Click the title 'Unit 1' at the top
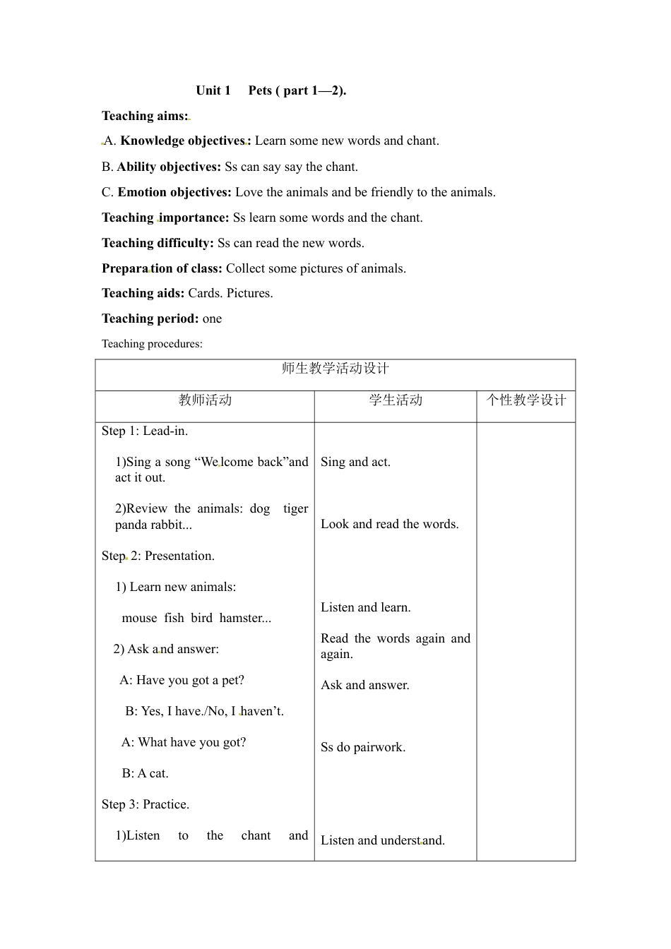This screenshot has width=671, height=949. pyautogui.click(x=213, y=90)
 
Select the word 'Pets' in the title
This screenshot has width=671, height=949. pyautogui.click(x=260, y=90)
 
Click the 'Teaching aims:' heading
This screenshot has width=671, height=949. pyautogui.click(x=145, y=116)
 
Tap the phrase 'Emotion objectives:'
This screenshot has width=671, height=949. pyautogui.click(x=174, y=192)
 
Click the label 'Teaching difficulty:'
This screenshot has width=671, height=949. pyautogui.click(x=158, y=243)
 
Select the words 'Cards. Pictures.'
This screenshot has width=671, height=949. pyautogui.click(x=230, y=293)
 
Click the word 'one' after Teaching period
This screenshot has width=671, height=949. pyautogui.click(x=212, y=318)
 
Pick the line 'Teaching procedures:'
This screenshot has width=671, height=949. pyautogui.click(x=152, y=344)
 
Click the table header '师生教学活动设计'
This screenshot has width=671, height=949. pyautogui.click(x=335, y=369)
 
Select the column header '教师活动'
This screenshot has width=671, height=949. pyautogui.click(x=205, y=400)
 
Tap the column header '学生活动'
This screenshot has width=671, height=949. pyautogui.click(x=396, y=400)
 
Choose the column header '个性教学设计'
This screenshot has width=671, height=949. pyautogui.click(x=526, y=400)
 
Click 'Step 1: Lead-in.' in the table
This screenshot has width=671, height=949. pyautogui.click(x=145, y=431)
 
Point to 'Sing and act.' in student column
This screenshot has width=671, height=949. pyautogui.click(x=355, y=462)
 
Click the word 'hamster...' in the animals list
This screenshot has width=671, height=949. pyautogui.click(x=245, y=618)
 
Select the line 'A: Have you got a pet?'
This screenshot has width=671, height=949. pyautogui.click(x=182, y=680)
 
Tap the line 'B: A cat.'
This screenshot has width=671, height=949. pyautogui.click(x=146, y=773)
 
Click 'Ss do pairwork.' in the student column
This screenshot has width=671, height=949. pyautogui.click(x=363, y=747)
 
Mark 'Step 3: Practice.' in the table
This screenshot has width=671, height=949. pyautogui.click(x=146, y=804)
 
